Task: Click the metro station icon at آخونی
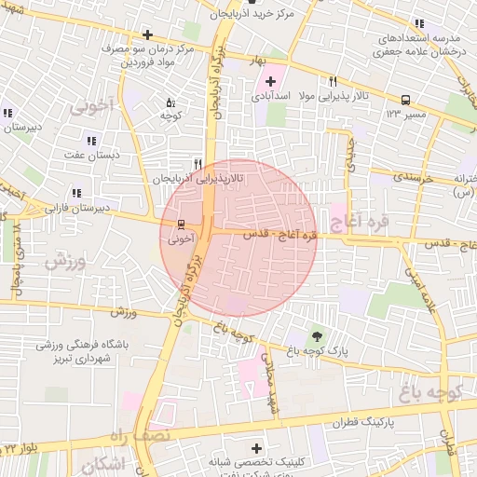pos(180,224)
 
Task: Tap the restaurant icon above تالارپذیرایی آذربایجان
pos(197,162)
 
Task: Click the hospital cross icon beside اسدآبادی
pos(271,81)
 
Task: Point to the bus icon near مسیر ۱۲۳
pos(405,100)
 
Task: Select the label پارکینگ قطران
pos(355,421)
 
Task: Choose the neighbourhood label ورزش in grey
pos(65,262)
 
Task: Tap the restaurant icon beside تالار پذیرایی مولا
pos(334,82)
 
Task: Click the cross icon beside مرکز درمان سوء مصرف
pos(147,34)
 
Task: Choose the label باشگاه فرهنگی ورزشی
pos(82,344)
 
